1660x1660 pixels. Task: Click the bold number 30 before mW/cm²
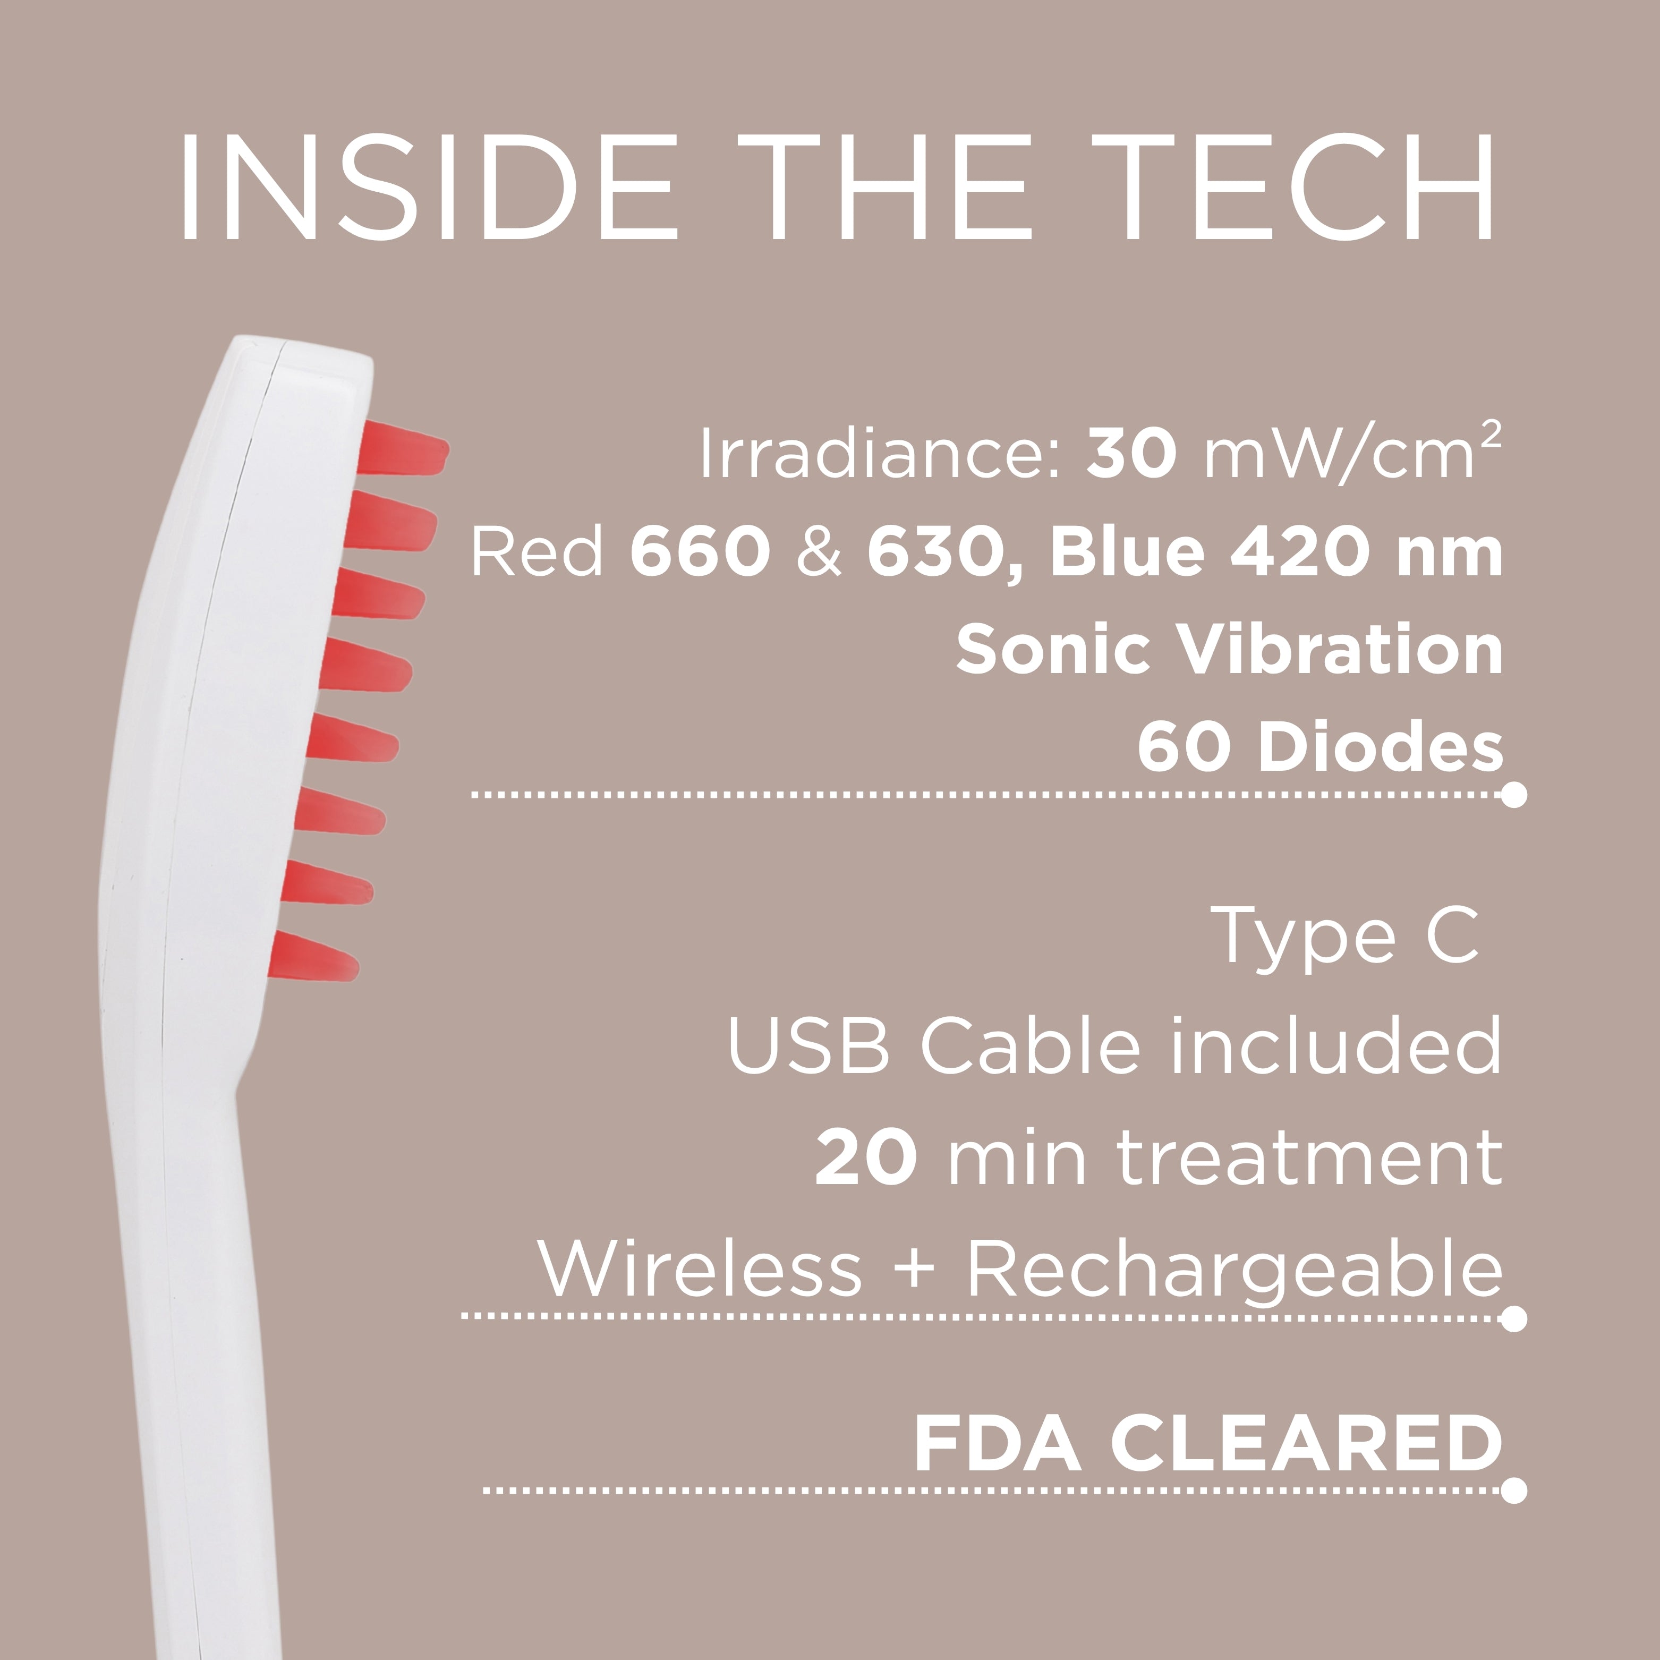[1131, 454]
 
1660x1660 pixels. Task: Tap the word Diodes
[1381, 746]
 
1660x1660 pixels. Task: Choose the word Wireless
[700, 1267]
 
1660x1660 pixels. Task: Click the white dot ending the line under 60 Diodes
[1514, 795]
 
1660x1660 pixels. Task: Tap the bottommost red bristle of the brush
[313, 956]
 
